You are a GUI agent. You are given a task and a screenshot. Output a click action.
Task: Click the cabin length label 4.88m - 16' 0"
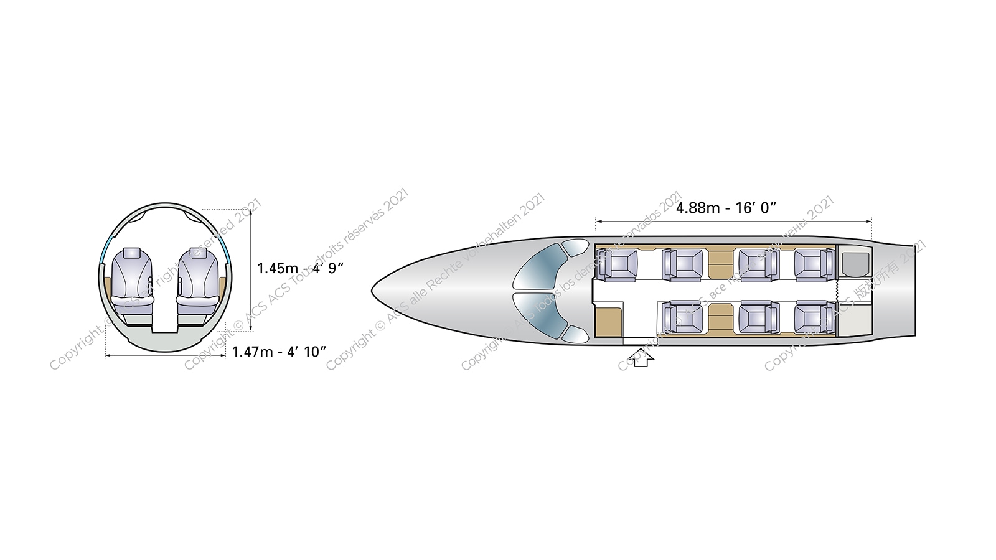[726, 208]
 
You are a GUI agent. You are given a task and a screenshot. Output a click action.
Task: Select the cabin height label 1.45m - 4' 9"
[301, 268]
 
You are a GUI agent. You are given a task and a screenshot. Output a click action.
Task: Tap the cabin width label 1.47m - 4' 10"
[279, 352]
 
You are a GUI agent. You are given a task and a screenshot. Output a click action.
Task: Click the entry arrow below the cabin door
[640, 358]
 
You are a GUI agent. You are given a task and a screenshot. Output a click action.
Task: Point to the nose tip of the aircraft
[374, 290]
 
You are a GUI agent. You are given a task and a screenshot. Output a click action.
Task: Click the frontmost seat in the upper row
[618, 264]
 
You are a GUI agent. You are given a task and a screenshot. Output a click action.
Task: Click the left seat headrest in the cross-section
[133, 253]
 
